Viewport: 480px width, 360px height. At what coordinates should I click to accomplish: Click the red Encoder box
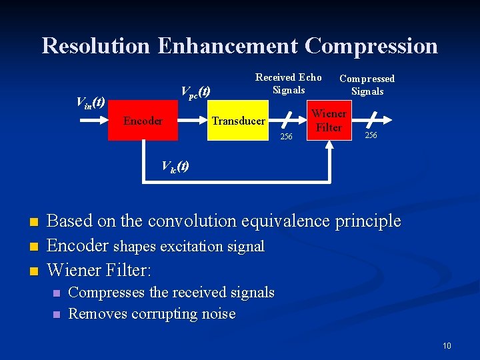(143, 121)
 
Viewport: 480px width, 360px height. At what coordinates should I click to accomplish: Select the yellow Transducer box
(238, 121)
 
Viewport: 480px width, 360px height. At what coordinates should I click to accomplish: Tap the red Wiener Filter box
(328, 121)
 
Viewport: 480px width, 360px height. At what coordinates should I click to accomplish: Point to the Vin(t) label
(91, 102)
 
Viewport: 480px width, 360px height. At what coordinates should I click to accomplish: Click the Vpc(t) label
(196, 91)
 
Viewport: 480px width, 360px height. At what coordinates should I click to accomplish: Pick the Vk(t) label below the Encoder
(175, 167)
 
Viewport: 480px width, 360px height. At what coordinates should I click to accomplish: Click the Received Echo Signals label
(289, 84)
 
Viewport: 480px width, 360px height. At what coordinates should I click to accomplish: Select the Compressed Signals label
(367, 85)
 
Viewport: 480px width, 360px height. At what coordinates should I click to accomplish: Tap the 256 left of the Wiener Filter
(286, 137)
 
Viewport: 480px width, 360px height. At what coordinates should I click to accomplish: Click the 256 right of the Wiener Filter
(371, 135)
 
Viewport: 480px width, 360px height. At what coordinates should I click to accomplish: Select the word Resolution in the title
(96, 45)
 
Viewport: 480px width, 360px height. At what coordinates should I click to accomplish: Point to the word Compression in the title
(371, 45)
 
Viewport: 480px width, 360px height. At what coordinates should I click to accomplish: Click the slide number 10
(446, 345)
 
